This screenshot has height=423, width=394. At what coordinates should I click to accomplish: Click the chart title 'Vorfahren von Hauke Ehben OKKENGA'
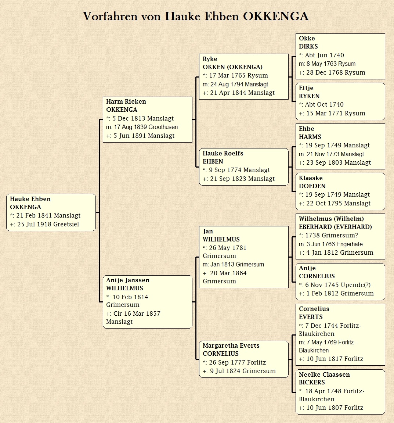196,16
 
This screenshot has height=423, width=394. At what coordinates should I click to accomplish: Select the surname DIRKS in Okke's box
308,46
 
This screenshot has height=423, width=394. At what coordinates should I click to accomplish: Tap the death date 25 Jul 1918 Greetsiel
44,224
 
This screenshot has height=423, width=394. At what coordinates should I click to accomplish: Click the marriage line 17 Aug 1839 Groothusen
142,127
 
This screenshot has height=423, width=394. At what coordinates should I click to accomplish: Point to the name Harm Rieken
126,101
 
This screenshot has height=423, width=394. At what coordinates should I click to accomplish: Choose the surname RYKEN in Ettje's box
309,96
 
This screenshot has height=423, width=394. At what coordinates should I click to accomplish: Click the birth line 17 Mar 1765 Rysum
235,76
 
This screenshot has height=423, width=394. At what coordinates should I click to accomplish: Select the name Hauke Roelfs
223,153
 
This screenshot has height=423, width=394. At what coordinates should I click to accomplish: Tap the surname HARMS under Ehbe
310,137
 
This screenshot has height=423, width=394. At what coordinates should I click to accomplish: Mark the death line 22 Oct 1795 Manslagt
335,203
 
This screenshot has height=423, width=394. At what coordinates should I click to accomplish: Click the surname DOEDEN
312,186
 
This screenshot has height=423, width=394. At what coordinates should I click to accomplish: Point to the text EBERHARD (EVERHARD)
335,227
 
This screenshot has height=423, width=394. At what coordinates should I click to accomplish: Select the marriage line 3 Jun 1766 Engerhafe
331,244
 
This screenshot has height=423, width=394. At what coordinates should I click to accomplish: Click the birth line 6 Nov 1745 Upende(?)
335,285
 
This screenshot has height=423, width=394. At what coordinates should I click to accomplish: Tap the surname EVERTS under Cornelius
311,317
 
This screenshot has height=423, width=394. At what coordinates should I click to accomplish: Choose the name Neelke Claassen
325,374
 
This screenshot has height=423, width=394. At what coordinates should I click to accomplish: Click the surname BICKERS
312,382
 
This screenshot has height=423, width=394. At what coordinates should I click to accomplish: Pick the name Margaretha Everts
231,345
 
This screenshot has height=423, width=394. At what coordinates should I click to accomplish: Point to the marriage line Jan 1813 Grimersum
234,264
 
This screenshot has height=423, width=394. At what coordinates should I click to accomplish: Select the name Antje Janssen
128,280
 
